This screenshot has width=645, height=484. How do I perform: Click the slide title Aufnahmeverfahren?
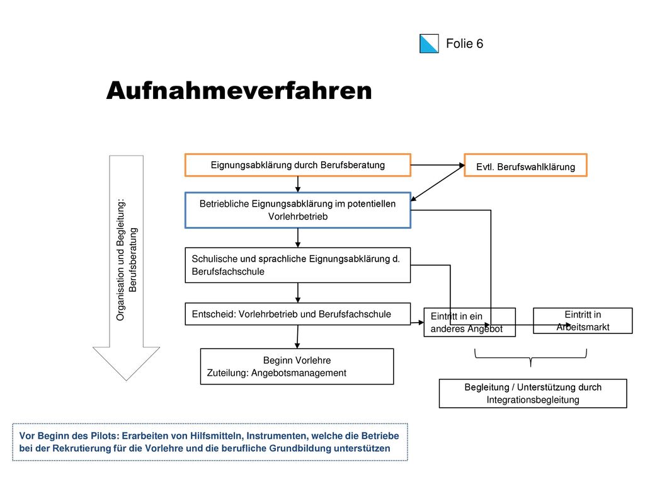239,91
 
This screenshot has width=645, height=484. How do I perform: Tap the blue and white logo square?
429,43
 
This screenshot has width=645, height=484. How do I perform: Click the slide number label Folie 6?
464,43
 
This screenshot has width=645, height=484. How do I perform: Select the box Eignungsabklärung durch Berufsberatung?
298,165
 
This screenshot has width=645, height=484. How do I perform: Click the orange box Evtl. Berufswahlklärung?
526,165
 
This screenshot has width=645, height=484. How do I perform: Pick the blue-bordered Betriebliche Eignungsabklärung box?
298,210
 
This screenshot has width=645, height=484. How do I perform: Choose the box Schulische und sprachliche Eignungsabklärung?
298,265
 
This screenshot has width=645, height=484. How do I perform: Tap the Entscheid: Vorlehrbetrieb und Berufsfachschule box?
298,314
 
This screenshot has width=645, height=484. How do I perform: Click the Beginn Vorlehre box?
297,367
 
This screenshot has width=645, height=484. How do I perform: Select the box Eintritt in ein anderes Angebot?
470,322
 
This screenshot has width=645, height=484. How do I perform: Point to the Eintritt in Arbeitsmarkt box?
583,321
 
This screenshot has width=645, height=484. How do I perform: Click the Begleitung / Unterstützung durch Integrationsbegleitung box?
533,393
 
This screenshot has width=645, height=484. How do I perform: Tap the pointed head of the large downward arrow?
126,379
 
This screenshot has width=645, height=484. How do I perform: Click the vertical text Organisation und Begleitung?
121,260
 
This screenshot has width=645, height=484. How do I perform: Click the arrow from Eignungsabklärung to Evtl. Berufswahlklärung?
438,165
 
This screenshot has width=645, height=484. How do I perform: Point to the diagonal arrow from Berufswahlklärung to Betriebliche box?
438,183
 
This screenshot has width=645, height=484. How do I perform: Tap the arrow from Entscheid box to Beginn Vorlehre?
297,337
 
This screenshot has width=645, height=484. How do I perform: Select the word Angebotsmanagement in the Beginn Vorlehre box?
299,373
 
